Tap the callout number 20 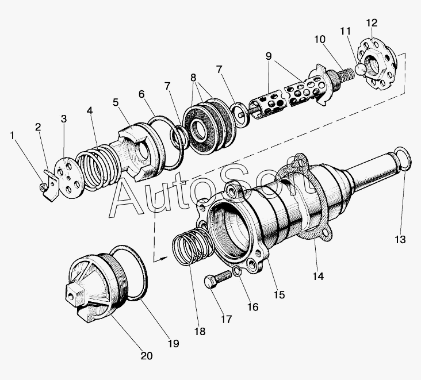pos(147,356)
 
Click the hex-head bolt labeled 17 pos(214,282)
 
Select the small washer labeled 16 pos(236,272)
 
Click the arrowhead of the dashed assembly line pos(164,257)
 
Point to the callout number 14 pos(317,277)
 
